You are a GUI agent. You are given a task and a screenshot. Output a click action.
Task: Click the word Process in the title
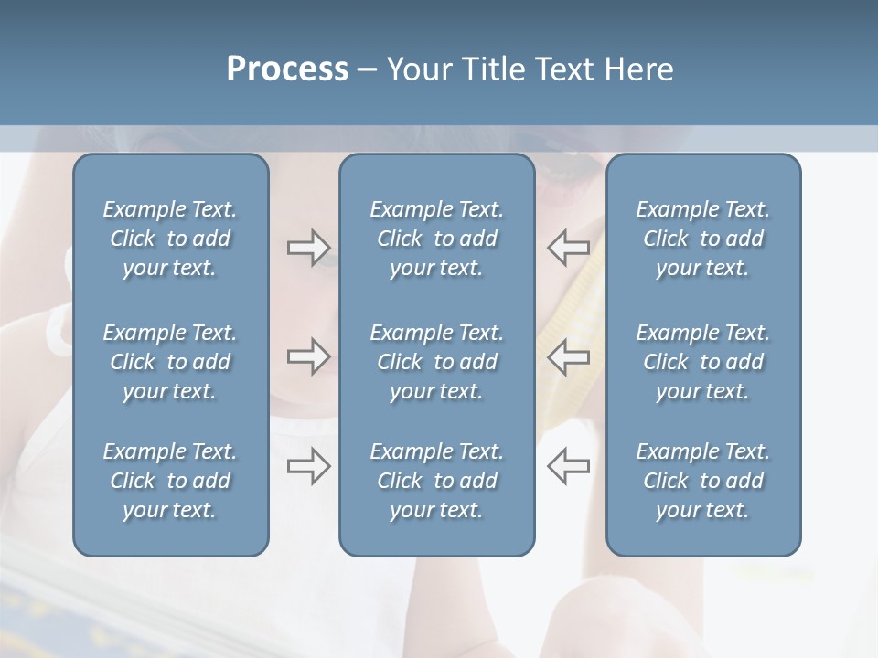click(287, 69)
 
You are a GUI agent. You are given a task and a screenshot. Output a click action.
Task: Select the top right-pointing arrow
click(308, 247)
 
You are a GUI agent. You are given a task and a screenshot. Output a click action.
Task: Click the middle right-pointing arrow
click(308, 356)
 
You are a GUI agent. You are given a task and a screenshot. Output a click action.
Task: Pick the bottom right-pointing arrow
click(308, 466)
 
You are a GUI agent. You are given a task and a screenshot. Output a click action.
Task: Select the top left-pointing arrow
click(569, 247)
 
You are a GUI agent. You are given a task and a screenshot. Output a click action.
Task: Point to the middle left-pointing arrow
click(569, 356)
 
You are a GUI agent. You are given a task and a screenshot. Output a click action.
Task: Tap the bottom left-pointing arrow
click(569, 466)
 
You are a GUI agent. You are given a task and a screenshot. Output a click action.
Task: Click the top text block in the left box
click(170, 239)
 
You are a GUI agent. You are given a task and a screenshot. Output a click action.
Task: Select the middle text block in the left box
click(170, 362)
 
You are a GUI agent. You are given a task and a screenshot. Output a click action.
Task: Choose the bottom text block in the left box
click(170, 481)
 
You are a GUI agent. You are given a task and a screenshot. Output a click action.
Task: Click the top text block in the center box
click(436, 239)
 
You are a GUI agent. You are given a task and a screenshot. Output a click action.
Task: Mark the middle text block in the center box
click(436, 362)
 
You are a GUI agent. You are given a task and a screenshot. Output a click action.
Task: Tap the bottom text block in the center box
click(436, 481)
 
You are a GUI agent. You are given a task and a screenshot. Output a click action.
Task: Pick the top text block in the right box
click(702, 239)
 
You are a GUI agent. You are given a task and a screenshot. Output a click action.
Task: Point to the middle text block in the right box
click(702, 362)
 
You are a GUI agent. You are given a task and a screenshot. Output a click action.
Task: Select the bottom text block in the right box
click(702, 481)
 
